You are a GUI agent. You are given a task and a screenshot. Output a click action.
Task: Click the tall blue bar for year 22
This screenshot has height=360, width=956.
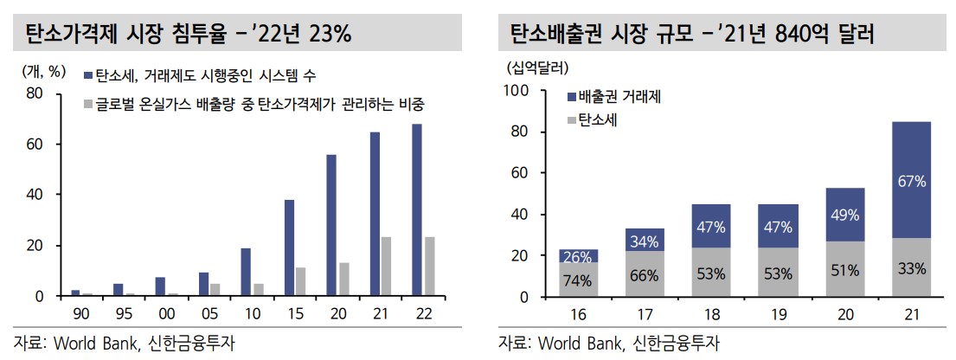pyautogui.click(x=417, y=210)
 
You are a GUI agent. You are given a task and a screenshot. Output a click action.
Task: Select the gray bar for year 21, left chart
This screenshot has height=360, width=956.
pyautogui.click(x=387, y=267)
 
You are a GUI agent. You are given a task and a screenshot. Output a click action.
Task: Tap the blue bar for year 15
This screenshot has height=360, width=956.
pyautogui.click(x=289, y=248)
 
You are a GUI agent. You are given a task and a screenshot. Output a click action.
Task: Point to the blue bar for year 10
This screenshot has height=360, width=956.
pyautogui.click(x=245, y=273)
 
